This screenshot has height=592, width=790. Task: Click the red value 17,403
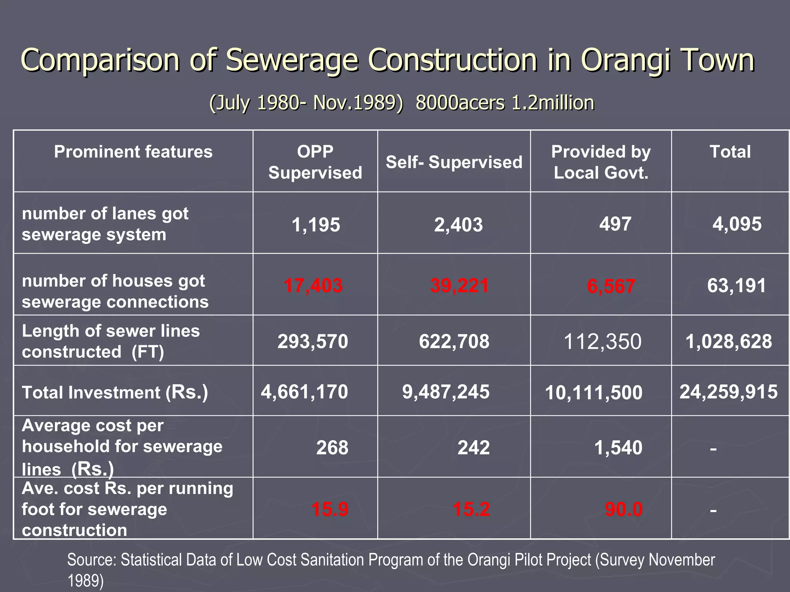pos(313,286)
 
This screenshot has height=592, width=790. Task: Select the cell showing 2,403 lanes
pos(458,225)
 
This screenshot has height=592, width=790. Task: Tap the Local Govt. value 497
pos(615,224)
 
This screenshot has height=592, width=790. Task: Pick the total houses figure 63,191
pos(736,286)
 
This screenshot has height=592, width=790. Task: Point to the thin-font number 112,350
pos(602,341)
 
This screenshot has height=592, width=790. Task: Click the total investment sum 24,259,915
pos(728,392)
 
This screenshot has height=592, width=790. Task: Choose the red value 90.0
pos(623,509)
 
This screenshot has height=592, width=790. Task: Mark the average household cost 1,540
pos(618,447)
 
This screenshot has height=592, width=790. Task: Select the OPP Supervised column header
pos(315,162)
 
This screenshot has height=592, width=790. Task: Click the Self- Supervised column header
pos(454,162)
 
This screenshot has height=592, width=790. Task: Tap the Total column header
pos(730,151)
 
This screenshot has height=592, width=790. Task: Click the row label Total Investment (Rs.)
pos(115,392)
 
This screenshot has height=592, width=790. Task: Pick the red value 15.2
pos(471,509)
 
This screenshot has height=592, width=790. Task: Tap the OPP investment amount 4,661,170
pos(304,392)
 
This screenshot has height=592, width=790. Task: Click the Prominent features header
pos(133,151)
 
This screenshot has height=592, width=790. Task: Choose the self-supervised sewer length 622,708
pos(454,341)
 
